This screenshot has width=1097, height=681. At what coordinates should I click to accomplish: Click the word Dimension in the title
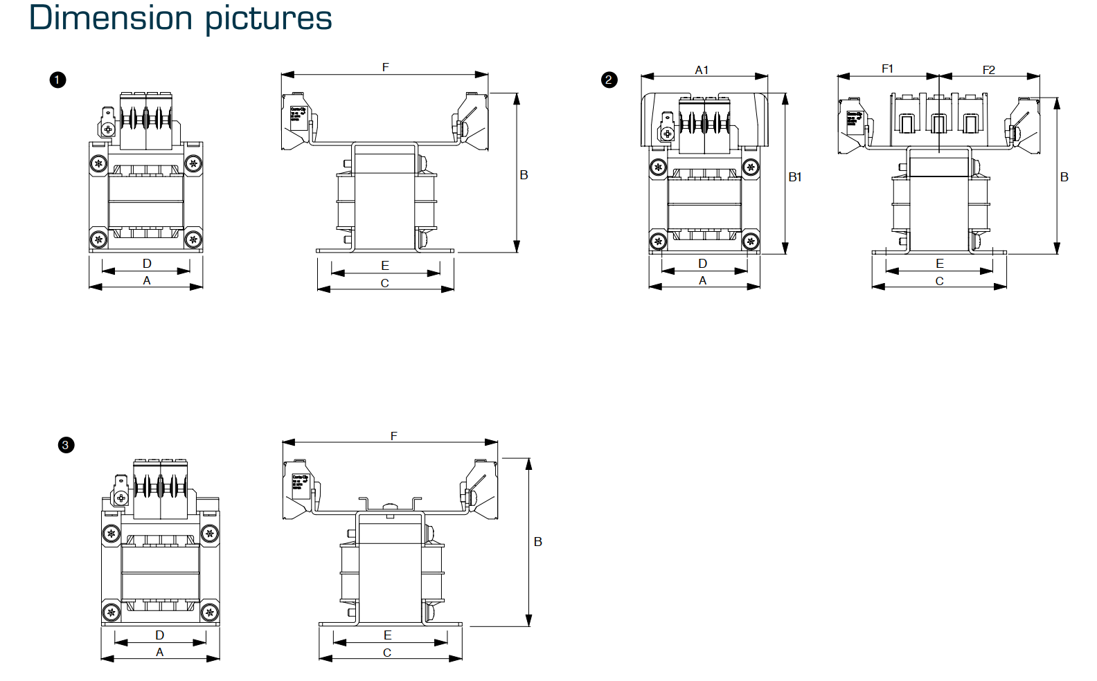click(x=109, y=18)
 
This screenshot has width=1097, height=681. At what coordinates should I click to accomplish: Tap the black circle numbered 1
click(x=57, y=80)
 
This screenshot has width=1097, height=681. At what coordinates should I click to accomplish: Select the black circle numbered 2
click(x=609, y=80)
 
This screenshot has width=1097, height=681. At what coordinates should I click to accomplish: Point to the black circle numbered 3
click(x=66, y=445)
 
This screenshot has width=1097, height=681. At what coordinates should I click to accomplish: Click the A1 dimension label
click(x=702, y=70)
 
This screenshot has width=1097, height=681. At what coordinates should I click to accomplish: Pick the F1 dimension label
click(x=887, y=69)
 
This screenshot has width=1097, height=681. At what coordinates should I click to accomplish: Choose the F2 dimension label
click(x=988, y=70)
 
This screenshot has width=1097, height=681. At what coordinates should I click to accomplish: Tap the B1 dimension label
click(x=795, y=177)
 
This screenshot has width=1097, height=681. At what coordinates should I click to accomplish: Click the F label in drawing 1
click(x=386, y=67)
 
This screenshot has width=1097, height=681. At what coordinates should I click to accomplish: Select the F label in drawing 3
click(x=393, y=436)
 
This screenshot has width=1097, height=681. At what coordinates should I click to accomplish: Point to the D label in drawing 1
click(x=147, y=264)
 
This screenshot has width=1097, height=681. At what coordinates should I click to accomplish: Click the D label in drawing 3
click(x=160, y=635)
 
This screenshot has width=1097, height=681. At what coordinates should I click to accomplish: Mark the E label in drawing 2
click(x=940, y=264)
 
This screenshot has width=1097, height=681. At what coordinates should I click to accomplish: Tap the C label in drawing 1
click(x=385, y=283)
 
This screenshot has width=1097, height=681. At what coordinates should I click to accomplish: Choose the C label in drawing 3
click(x=387, y=653)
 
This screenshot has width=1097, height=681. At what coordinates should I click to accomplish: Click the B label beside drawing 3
click(x=538, y=542)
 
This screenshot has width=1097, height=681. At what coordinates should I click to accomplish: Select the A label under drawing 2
click(x=703, y=280)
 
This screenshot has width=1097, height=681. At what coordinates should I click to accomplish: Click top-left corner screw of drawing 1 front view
click(x=99, y=164)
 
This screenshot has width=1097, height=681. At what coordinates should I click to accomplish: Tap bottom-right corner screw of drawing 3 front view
click(x=210, y=612)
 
